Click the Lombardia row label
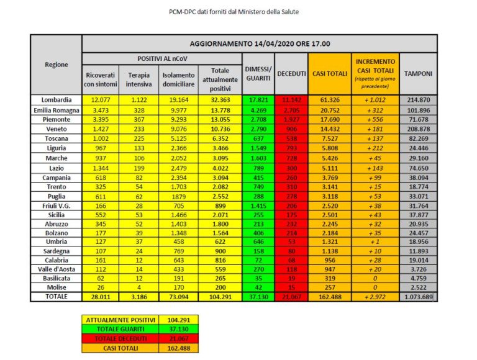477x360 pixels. [x=57, y=99]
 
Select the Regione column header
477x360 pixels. [x=57, y=65]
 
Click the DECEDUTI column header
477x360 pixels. [x=291, y=73]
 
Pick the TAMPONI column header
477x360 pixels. [x=419, y=73]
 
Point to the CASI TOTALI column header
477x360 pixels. [x=329, y=73]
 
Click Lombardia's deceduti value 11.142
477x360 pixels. [x=291, y=99]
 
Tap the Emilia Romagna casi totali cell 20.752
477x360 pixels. [x=330, y=109]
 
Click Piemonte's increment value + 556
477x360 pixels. [x=375, y=119]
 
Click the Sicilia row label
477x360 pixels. [x=57, y=215]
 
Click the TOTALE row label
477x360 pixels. [x=57, y=297]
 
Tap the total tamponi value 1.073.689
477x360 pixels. [x=419, y=297]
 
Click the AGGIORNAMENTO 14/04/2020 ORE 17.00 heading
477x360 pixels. [x=260, y=44]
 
